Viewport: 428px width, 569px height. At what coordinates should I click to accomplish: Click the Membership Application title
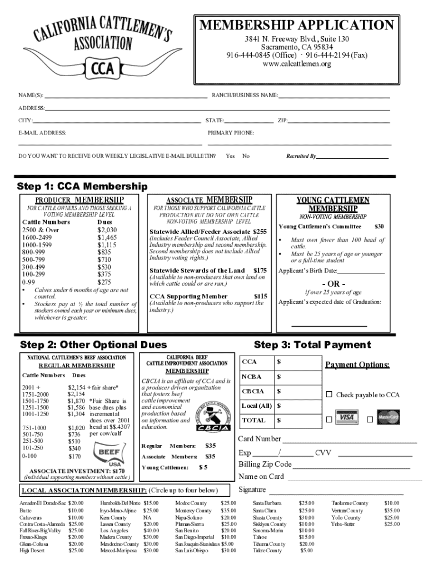click(x=296, y=26)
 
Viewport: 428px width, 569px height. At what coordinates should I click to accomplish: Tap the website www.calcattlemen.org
click(x=296, y=64)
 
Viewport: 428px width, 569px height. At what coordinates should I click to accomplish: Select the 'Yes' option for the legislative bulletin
click(x=230, y=156)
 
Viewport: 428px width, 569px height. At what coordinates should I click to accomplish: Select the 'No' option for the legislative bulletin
click(x=246, y=156)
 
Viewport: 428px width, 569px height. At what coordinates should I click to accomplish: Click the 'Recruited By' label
click(x=301, y=157)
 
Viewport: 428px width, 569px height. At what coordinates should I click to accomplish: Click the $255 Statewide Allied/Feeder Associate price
click(x=260, y=231)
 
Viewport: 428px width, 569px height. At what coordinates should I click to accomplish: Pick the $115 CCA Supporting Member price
click(x=260, y=296)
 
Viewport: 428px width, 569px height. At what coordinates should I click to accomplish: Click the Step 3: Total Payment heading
click(x=312, y=345)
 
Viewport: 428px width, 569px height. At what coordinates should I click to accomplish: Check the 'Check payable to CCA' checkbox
click(x=329, y=395)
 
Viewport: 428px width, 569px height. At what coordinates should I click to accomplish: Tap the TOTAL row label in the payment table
click(x=253, y=420)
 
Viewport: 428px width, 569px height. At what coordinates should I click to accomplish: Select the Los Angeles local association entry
click(x=115, y=530)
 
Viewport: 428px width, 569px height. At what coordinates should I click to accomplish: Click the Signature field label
click(x=252, y=490)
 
